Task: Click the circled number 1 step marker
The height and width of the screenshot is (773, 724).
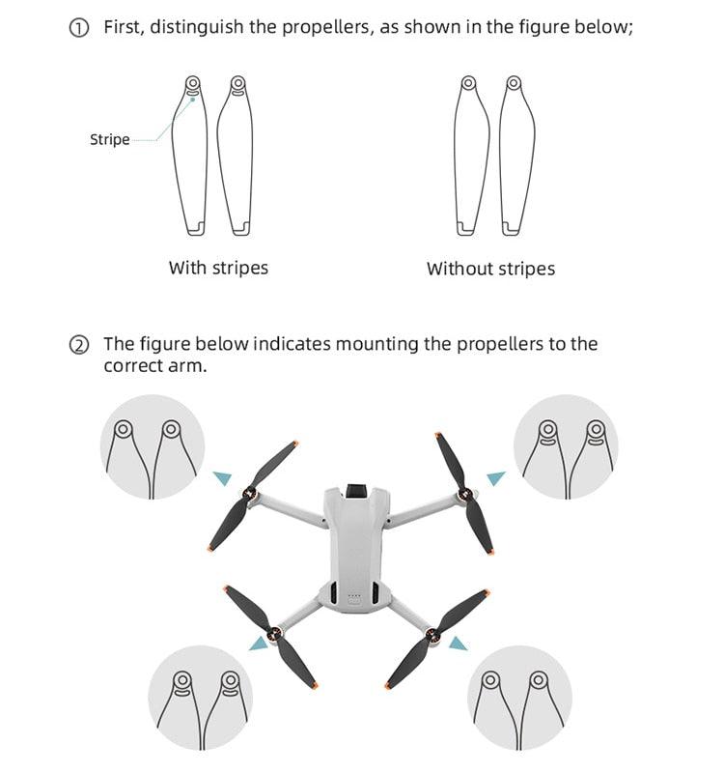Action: pyautogui.click(x=79, y=28)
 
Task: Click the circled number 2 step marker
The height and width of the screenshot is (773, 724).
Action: pyautogui.click(x=79, y=345)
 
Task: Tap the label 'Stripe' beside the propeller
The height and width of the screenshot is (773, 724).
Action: pyautogui.click(x=109, y=140)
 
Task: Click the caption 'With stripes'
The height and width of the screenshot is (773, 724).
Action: pyautogui.click(x=218, y=268)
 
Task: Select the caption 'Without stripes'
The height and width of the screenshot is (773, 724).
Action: pyautogui.click(x=490, y=269)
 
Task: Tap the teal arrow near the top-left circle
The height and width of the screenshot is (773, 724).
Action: pyautogui.click(x=222, y=476)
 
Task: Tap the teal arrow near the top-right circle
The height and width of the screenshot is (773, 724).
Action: pyautogui.click(x=495, y=477)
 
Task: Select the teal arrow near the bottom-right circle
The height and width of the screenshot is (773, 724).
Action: pyautogui.click(x=458, y=643)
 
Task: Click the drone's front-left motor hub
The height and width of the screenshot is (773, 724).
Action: pyautogui.click(x=253, y=496)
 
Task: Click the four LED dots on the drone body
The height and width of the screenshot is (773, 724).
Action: pyautogui.click(x=354, y=596)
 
